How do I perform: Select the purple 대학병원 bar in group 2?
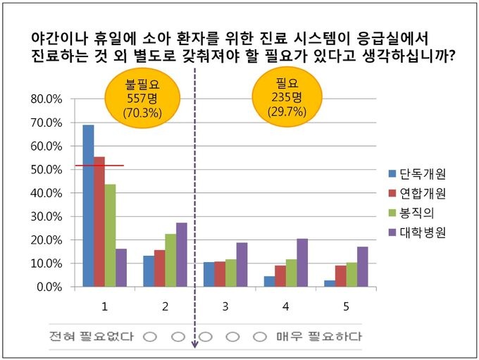coord(182,254)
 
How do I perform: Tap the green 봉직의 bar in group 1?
coord(111,235)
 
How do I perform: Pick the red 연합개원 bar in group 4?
coord(280,275)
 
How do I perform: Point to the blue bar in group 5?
coord(330,283)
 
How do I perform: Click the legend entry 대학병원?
coord(416,231)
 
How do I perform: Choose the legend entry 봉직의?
coord(411,212)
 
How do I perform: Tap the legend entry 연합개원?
coord(416,193)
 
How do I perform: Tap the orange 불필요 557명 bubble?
coord(142,98)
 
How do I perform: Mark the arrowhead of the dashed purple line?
coord(195,346)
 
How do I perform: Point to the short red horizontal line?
coord(99,166)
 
